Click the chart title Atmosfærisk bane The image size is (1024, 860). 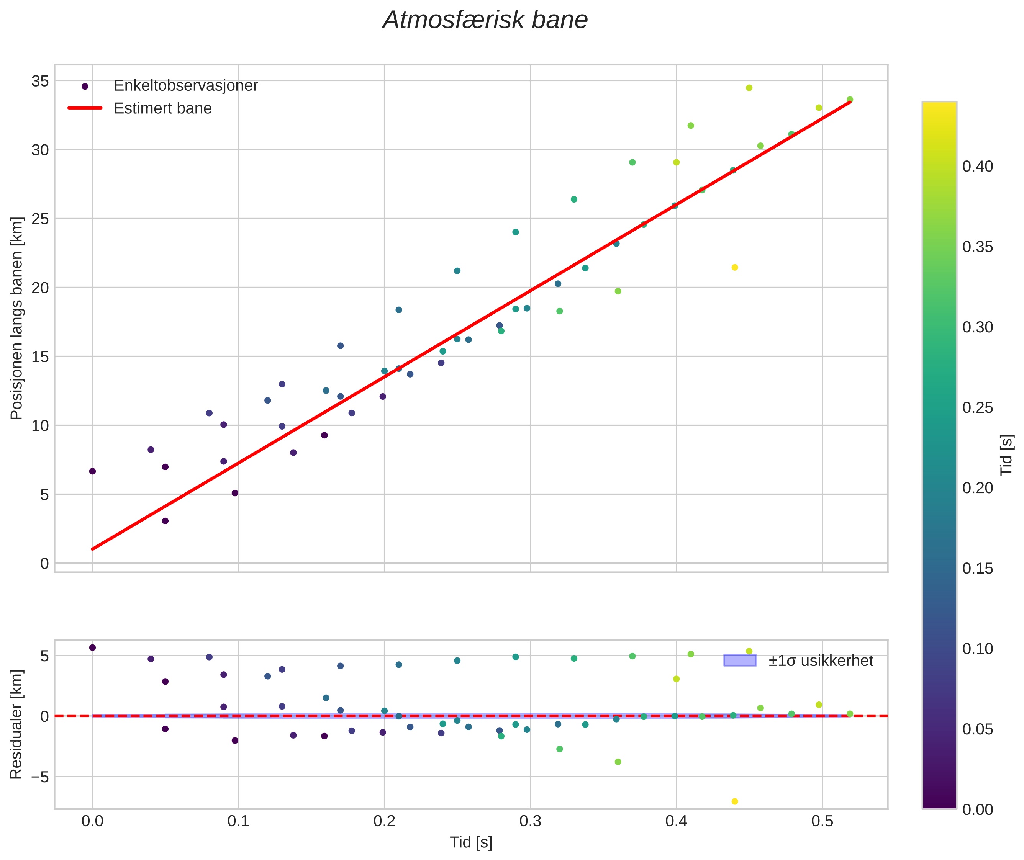(x=485, y=20)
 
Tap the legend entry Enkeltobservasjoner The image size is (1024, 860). (x=185, y=86)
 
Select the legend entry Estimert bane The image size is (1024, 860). (x=162, y=108)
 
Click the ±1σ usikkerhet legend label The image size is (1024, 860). (x=821, y=661)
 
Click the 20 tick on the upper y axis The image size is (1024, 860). (x=40, y=288)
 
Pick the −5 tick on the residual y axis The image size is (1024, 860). (x=37, y=777)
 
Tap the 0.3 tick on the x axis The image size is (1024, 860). (x=530, y=821)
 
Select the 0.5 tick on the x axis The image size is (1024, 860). (x=822, y=821)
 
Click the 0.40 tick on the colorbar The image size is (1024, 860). (x=977, y=167)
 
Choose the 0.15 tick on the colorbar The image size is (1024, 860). (x=977, y=569)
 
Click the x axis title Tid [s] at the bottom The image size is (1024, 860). (x=471, y=842)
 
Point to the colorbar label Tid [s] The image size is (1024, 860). (x=1006, y=455)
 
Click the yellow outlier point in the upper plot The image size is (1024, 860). (x=735, y=267)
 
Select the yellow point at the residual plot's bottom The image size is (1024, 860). (x=735, y=801)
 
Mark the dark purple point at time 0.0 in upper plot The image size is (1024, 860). (x=92, y=471)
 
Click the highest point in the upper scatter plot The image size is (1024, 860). (x=749, y=88)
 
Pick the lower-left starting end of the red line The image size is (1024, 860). (x=93, y=549)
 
